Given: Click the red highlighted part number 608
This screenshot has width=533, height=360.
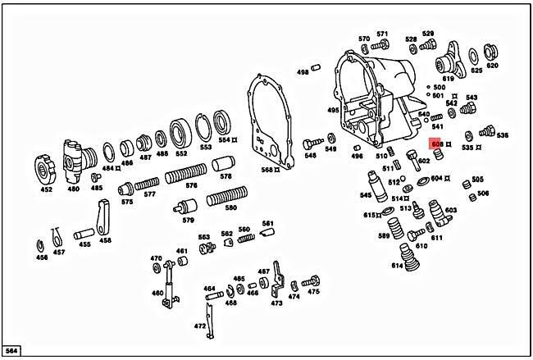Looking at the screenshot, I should click(x=436, y=144).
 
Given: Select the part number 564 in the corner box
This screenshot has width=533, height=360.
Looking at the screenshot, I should click(x=11, y=351).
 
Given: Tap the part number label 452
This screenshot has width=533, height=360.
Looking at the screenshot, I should click(x=46, y=189).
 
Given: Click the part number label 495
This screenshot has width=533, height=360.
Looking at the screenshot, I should click(x=333, y=110).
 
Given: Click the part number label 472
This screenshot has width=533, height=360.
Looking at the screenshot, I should click(x=200, y=326).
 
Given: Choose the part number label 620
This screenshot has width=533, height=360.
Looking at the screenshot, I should click(x=492, y=66).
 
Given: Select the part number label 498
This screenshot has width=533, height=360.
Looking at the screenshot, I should click(x=303, y=72).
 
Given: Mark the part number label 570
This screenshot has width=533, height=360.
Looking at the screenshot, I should click(x=364, y=39).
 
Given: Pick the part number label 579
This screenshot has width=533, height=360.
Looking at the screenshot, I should click(x=189, y=220).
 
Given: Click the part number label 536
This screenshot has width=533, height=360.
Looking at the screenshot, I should click(x=502, y=135).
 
